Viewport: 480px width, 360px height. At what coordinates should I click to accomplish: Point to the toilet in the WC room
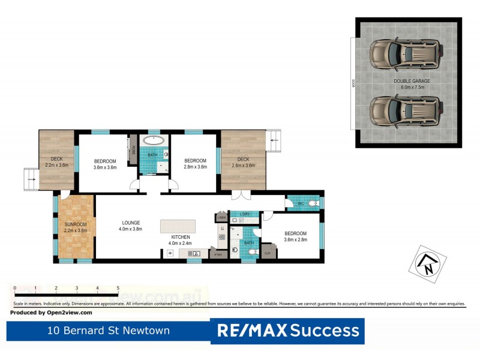(x=314, y=205)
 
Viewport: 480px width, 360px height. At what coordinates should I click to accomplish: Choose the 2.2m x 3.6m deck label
(x=57, y=162)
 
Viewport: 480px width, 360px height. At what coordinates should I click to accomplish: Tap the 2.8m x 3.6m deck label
(x=243, y=162)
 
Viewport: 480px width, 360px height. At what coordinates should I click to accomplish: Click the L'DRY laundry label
(x=245, y=214)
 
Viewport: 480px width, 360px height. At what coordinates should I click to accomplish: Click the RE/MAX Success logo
(x=287, y=330)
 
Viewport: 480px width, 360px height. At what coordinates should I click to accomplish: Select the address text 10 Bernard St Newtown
(x=109, y=331)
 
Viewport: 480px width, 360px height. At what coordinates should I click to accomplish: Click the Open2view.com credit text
(x=52, y=313)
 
